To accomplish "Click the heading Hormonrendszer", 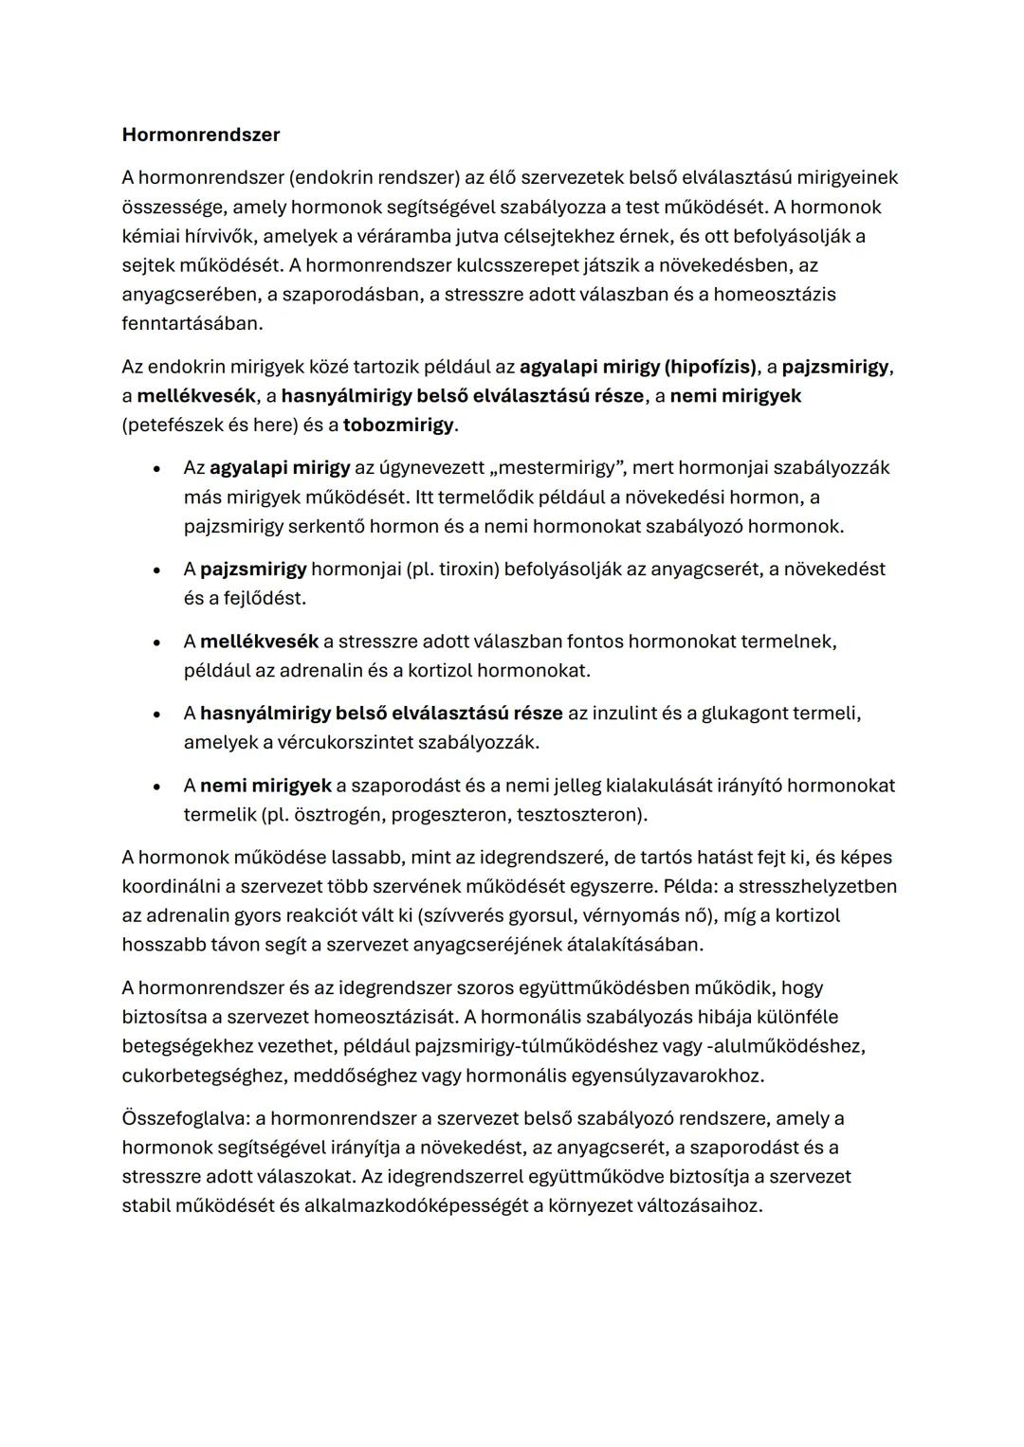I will click(x=201, y=135).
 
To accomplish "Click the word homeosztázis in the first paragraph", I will click(x=774, y=295).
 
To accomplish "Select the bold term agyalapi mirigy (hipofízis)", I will click(x=639, y=367).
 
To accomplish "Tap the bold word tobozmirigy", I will click(x=398, y=425).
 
